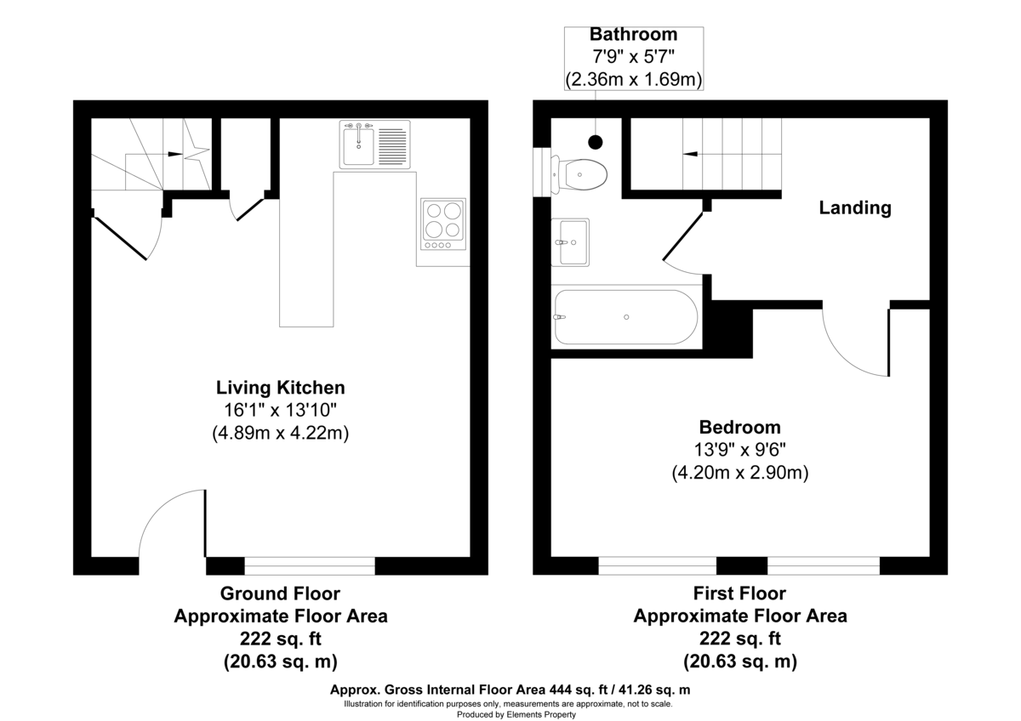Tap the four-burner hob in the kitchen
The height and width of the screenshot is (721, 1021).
coord(443,220)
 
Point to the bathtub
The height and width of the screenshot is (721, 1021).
coord(625,317)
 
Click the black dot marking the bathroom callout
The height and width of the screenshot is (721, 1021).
coord(596,142)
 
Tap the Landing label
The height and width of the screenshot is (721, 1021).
coord(854,207)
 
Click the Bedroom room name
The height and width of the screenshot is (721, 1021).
coord(739,427)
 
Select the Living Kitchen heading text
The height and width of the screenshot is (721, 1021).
coord(280,388)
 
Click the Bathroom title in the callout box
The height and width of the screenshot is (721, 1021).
coord(634,35)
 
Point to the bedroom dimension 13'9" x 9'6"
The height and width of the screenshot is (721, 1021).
coord(739,450)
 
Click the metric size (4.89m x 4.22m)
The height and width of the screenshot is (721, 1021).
coord(280,433)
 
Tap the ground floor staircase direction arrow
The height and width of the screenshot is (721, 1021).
coord(174,154)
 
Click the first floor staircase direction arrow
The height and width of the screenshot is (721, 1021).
coord(691,154)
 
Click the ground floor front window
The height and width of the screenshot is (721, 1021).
coord(309,565)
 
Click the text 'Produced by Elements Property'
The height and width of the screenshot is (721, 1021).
coord(510,714)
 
